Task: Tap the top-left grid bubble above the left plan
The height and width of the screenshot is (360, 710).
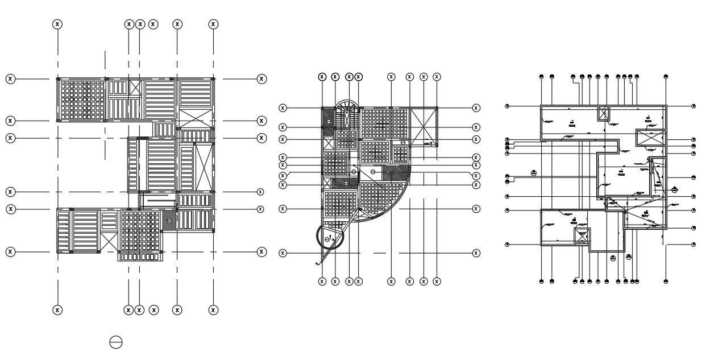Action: [x=57, y=24]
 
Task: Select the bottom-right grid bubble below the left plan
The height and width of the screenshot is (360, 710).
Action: [x=213, y=310]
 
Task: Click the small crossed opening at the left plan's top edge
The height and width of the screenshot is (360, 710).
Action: [x=135, y=88]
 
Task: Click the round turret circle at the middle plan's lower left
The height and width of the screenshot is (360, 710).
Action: [x=330, y=239]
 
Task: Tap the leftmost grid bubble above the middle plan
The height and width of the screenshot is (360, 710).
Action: [x=322, y=77]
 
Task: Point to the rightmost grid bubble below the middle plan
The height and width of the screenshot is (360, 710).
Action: [x=437, y=281]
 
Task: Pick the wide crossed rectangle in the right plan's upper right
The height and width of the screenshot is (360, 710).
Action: [x=649, y=138]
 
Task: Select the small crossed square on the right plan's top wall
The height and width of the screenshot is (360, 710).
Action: [x=603, y=113]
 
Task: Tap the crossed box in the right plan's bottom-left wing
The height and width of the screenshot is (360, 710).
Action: [x=582, y=236]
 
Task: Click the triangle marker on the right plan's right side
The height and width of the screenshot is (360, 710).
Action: [x=674, y=189]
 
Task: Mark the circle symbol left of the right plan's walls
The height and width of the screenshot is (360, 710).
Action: [x=533, y=173]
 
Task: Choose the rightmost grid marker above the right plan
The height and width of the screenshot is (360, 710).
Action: [x=666, y=76]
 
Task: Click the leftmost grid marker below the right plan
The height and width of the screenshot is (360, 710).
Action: [x=541, y=281]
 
